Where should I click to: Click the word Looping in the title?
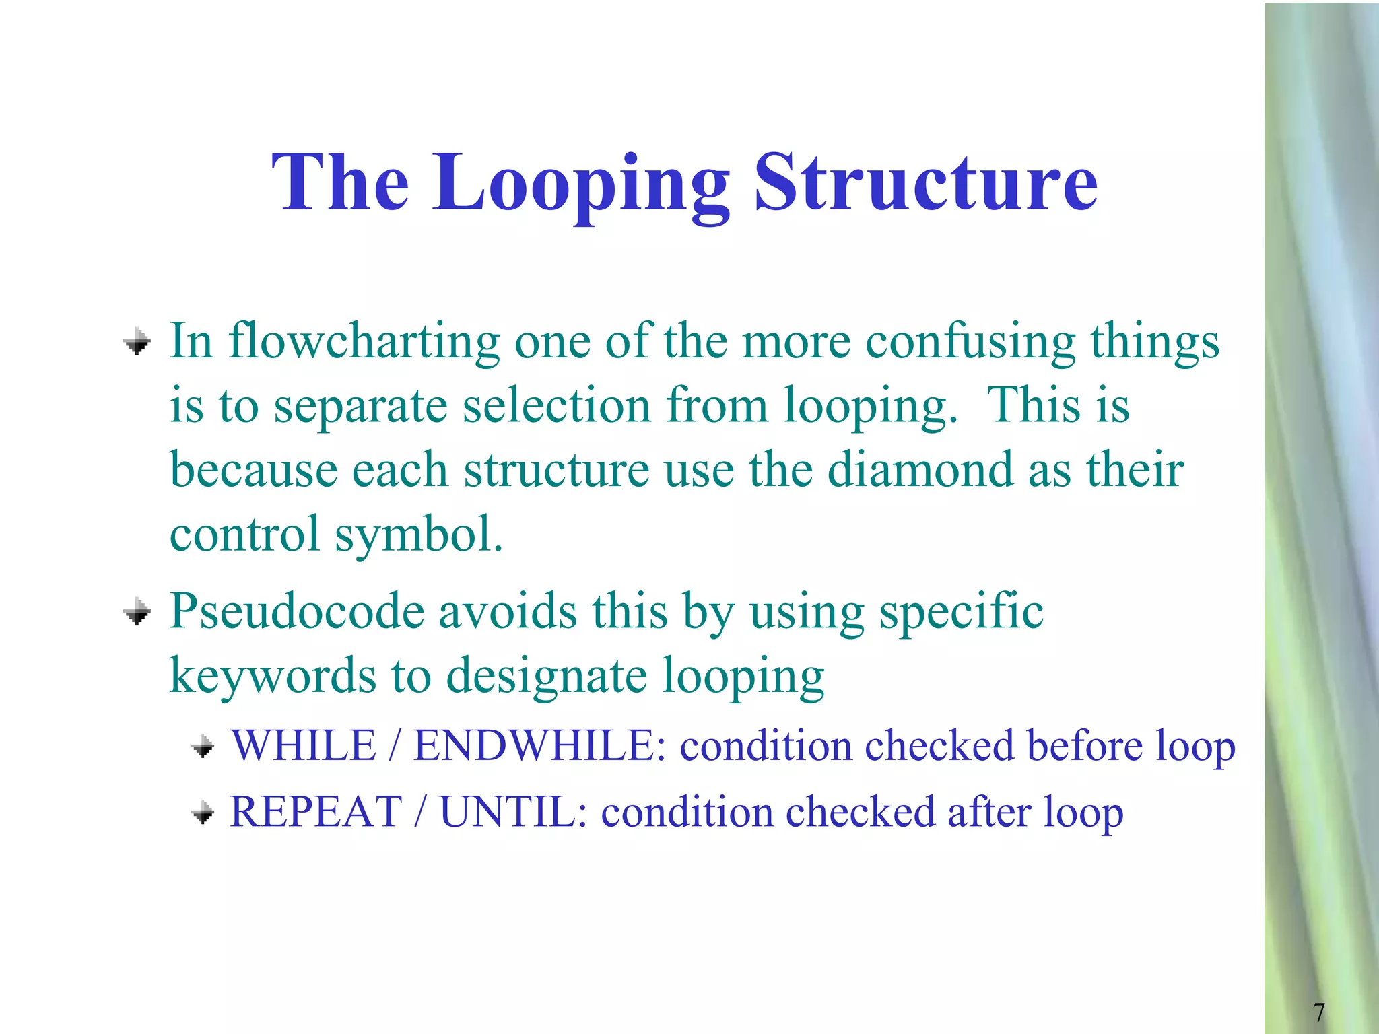[580, 183]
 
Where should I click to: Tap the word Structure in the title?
[926, 183]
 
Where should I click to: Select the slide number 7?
[1318, 1012]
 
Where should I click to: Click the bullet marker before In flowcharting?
[137, 342]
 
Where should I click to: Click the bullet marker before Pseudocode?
[137, 613]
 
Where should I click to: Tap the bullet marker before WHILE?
[203, 747]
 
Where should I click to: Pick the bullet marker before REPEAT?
[203, 813]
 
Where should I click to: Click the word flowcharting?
[364, 341]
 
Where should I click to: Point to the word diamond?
[920, 470]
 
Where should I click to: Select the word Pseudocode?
[297, 611]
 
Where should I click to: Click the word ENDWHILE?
[534, 746]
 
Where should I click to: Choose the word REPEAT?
[316, 812]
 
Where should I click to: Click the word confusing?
[970, 341]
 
